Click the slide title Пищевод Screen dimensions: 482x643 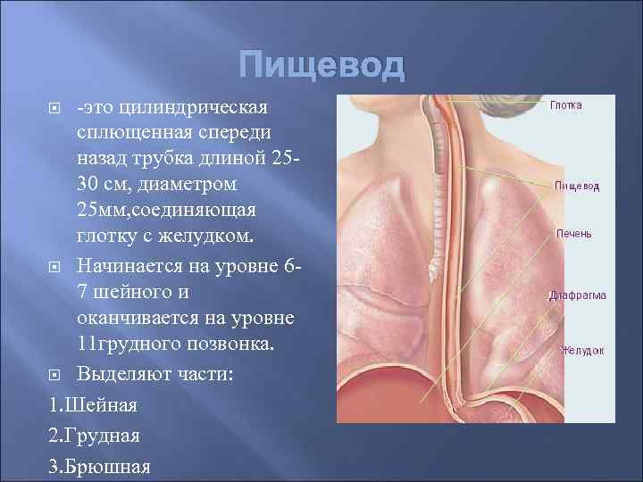tap(321, 67)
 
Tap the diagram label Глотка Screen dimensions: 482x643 tap(565, 105)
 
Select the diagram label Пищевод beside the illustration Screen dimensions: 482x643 tap(576, 186)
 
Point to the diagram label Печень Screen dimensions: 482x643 tap(572, 234)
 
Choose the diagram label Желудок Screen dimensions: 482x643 tap(581, 351)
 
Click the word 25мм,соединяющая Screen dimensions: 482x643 tap(167, 212)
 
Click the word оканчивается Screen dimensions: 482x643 tap(139, 319)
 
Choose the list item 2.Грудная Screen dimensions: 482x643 tap(96, 436)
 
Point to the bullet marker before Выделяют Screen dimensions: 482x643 tap(55, 373)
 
